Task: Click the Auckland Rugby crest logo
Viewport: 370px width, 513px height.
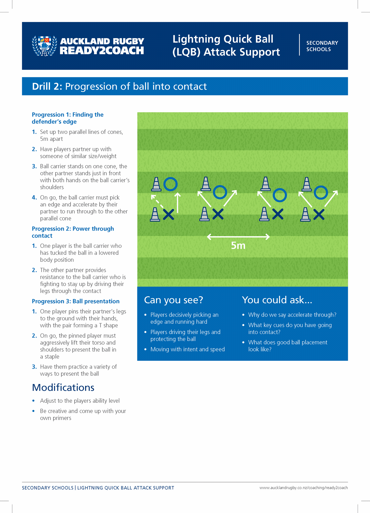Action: click(44, 46)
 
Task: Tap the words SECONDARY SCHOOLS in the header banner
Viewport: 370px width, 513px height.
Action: click(322, 46)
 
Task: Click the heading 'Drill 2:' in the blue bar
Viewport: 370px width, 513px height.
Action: click(47, 86)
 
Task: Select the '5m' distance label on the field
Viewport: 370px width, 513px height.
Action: click(238, 246)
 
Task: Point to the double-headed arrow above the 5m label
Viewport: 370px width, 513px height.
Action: click(238, 237)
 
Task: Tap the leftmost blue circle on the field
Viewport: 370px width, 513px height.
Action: click(170, 184)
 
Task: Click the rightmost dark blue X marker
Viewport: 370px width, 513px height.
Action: click(319, 214)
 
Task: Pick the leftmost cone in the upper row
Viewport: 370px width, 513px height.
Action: click(156, 184)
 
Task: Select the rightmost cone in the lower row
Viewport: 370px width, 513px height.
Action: click(305, 214)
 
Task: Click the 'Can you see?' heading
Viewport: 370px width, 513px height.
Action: click(173, 300)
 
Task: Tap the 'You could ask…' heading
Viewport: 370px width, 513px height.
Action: click(277, 300)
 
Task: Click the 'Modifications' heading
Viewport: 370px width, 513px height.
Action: click(63, 388)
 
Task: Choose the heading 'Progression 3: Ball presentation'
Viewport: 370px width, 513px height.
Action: click(76, 301)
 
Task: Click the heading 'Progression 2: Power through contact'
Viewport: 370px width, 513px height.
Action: click(73, 232)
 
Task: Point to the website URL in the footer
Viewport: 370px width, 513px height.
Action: click(304, 488)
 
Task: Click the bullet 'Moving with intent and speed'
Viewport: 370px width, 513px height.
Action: click(188, 349)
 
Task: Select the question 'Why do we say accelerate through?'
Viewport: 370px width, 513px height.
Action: click(292, 315)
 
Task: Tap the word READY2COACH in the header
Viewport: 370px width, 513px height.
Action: click(102, 51)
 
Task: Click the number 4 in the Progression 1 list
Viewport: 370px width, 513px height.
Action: click(34, 198)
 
